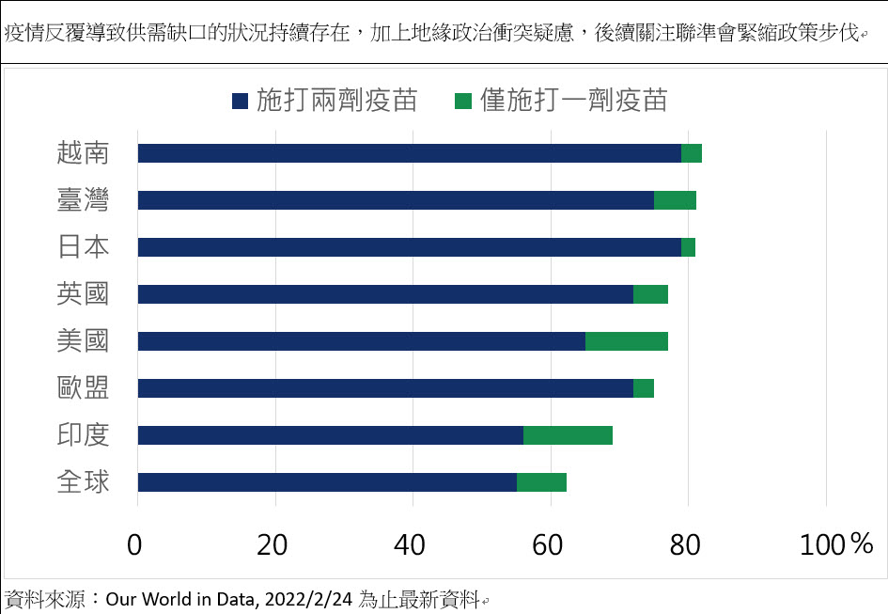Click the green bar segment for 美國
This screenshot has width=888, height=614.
(x=626, y=341)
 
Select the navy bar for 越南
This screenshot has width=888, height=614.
(x=409, y=153)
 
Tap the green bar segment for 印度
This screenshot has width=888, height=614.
(x=568, y=435)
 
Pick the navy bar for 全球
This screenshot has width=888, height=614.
(x=327, y=482)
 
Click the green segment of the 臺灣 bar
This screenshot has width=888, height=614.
(x=675, y=200)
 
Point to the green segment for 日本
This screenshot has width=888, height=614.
(x=688, y=247)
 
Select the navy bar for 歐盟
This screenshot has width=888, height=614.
(x=385, y=388)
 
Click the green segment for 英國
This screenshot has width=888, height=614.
(x=650, y=294)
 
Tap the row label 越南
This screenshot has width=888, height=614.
(x=83, y=153)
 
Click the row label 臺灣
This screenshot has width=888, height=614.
(x=83, y=200)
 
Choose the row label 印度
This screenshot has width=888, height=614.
(x=83, y=435)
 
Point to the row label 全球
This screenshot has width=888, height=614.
(x=83, y=482)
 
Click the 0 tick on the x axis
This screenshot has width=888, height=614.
(x=137, y=544)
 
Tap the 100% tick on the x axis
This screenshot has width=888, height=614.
(x=836, y=544)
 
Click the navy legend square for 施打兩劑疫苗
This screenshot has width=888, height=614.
(x=239, y=100)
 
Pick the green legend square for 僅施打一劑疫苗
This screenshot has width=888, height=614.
(x=462, y=100)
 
